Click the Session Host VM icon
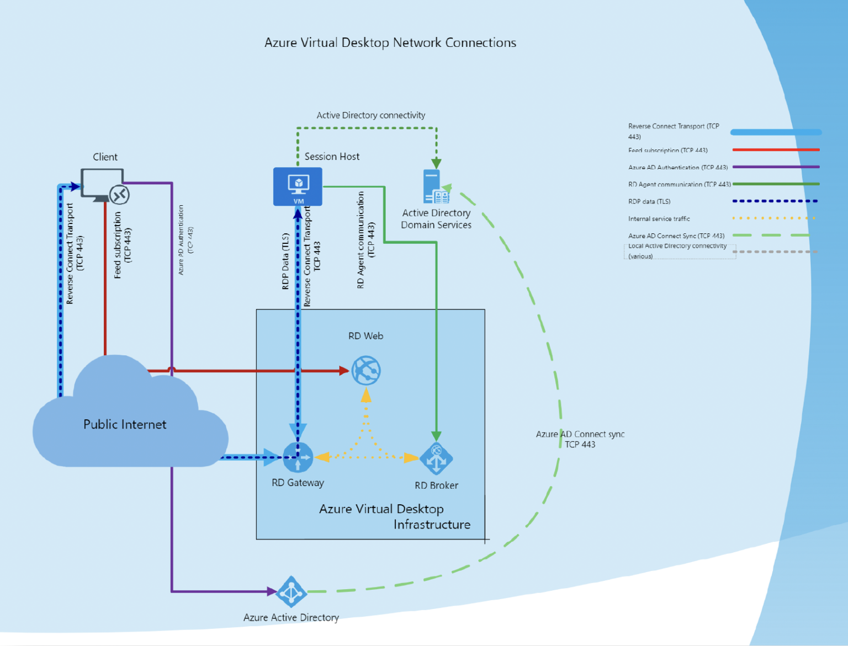298,186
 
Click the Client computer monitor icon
102,184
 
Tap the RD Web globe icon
366,370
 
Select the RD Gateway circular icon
298,457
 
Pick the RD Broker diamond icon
436,458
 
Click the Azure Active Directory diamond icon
291,592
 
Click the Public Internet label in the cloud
125,424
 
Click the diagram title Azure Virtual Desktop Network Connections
390,42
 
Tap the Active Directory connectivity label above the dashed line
370,115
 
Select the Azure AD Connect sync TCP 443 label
580,439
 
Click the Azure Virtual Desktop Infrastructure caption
394,517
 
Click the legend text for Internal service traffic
659,218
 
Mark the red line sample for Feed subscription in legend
776,150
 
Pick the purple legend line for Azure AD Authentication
776,167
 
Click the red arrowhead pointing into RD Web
344,371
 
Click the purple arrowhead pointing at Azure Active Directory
272,591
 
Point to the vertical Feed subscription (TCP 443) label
122,245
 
